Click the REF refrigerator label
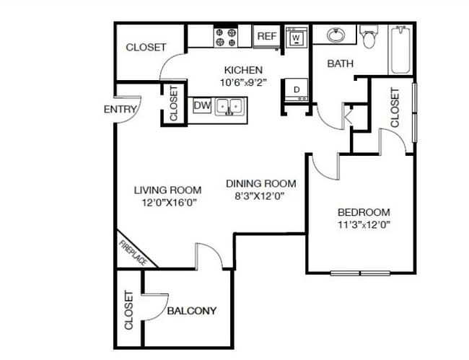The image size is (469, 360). tap(267, 36)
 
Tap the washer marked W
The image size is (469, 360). tap(297, 38)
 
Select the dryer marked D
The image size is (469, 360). tap(296, 89)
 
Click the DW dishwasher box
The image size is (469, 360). tap(202, 105)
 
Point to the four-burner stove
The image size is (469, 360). tap(226, 37)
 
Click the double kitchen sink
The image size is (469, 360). tap(229, 107)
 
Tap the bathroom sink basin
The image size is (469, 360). tap(336, 35)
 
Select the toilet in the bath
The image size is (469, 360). tap(369, 37)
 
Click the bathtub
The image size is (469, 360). tap(400, 50)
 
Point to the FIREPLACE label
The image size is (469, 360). tap(133, 253)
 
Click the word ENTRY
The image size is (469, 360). tap(120, 110)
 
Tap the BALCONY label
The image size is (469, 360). tap(192, 311)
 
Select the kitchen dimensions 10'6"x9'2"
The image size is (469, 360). tap(243, 82)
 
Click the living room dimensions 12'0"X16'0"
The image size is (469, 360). tap(169, 203)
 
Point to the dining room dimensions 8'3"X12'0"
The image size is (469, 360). tap(259, 196)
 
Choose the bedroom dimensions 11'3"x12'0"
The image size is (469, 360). tap(364, 224)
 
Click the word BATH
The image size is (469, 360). tap(341, 63)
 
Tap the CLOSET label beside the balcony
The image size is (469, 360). tap(128, 310)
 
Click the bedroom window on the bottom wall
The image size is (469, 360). tap(360, 273)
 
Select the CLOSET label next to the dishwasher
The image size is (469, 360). tap(173, 103)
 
